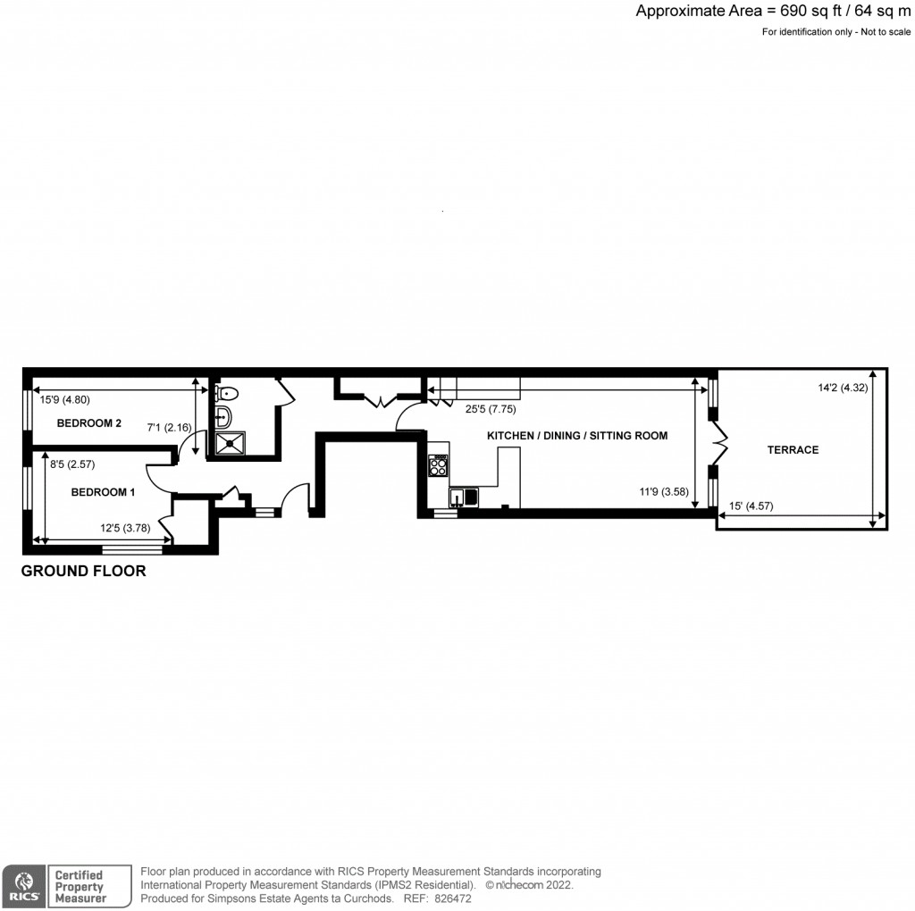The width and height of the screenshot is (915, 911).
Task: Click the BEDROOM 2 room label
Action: click(89, 423)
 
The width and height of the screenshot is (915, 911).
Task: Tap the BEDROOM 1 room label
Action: click(104, 492)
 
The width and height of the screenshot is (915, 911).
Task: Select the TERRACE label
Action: click(793, 449)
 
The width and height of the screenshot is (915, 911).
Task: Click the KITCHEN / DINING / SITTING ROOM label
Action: click(577, 436)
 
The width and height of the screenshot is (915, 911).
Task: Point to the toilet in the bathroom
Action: click(227, 392)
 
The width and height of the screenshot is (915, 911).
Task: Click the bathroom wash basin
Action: click(222, 417)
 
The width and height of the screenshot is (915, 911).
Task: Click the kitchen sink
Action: click(465, 497)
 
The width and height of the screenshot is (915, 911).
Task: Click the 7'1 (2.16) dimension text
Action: click(169, 428)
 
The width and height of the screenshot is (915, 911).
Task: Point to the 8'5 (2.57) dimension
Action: click(72, 464)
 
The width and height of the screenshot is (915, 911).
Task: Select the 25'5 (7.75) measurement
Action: click(489, 410)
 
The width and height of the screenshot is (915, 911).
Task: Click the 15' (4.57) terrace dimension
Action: click(751, 506)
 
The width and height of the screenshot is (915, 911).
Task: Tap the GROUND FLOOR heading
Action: click(83, 571)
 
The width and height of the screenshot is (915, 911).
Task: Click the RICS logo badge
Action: click(21, 886)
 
